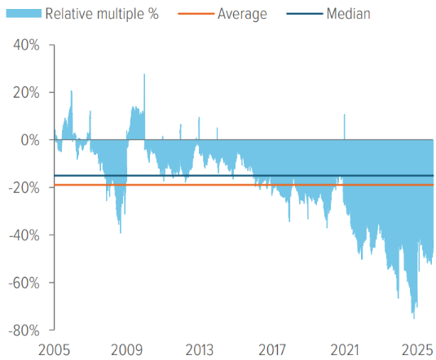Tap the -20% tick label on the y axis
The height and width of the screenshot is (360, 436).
click(x=24, y=187)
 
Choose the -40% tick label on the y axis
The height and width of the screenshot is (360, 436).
click(x=24, y=235)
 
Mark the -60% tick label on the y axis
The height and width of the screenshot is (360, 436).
click(x=24, y=283)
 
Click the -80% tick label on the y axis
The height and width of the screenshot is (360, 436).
click(x=24, y=330)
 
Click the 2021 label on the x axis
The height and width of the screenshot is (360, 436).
click(x=343, y=349)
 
